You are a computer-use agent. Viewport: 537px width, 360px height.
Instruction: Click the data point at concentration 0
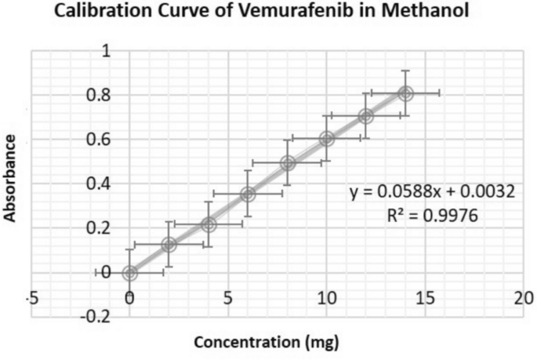(129, 273)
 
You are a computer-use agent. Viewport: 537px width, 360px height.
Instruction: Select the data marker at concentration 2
(169, 245)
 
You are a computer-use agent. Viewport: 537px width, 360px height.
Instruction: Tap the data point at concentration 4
(209, 224)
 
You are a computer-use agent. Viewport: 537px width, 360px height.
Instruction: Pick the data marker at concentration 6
(248, 194)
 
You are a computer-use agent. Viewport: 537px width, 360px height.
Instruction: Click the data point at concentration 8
(288, 163)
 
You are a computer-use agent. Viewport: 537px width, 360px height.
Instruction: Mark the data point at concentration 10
(327, 139)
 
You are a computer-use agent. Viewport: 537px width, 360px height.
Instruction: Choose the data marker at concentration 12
(366, 116)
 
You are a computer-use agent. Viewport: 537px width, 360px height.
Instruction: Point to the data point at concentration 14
(405, 93)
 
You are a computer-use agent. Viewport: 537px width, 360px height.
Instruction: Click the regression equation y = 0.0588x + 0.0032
(432, 191)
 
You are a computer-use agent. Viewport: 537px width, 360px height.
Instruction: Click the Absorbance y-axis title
(12, 178)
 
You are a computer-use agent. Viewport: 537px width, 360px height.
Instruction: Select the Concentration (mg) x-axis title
(267, 343)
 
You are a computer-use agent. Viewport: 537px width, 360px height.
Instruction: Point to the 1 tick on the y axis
(106, 51)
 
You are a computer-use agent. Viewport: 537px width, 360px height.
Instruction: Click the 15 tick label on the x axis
(425, 299)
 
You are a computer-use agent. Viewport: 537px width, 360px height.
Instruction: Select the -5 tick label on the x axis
(32, 299)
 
